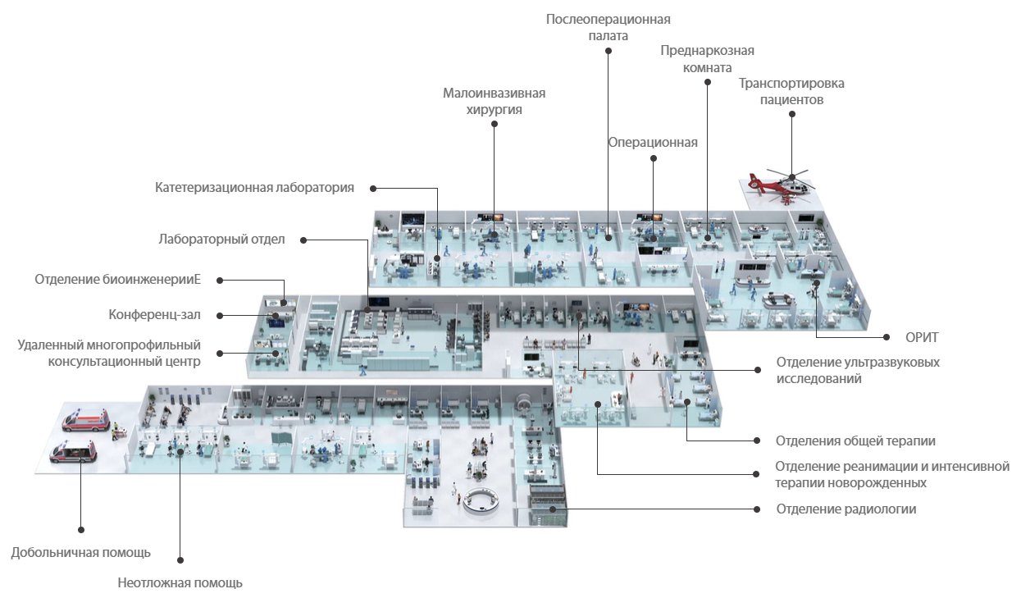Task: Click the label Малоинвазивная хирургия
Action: coord(494,101)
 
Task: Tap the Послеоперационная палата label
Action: coord(608,27)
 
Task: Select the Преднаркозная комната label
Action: coord(707,59)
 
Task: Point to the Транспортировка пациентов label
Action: coord(791,91)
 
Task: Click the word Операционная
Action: coord(653,143)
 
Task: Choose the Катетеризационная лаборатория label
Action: coord(254,188)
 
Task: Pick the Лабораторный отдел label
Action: coord(221,240)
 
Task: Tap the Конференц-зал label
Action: coord(155,314)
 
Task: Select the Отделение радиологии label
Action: coord(846,509)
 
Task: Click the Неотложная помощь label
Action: coord(180,583)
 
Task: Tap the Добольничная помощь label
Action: coord(80,552)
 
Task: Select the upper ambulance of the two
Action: coord(85,422)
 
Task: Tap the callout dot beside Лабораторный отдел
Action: coord(303,240)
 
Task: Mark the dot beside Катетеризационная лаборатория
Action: coord(373,188)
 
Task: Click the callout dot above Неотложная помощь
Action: coord(180,560)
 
